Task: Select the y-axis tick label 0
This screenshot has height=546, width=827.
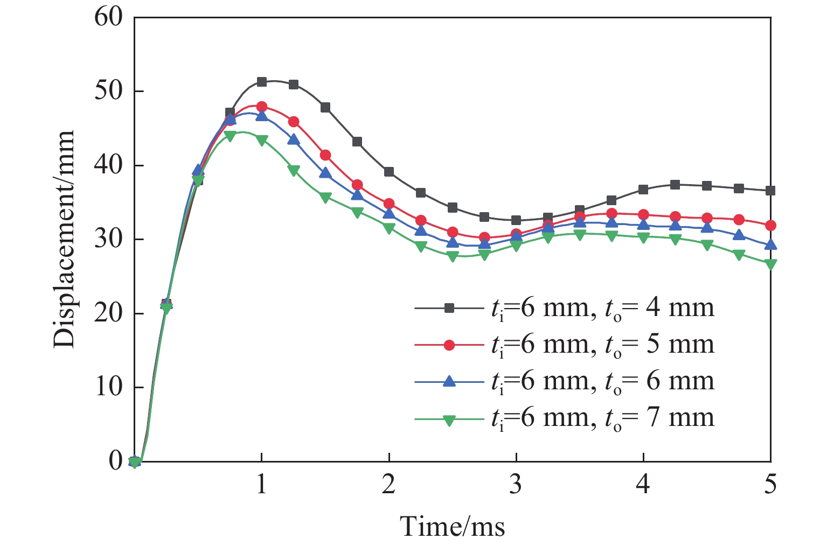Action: tap(116, 461)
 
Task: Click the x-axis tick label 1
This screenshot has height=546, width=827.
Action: tap(261, 485)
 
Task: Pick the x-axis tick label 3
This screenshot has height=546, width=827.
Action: tap(516, 485)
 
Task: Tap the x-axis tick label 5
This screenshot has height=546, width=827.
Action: tap(770, 485)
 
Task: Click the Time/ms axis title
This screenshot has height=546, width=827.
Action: tap(453, 526)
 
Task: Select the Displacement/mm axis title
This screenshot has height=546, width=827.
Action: tap(64, 239)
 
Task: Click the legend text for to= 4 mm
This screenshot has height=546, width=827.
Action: tap(602, 309)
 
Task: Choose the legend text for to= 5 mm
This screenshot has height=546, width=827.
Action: tap(602, 345)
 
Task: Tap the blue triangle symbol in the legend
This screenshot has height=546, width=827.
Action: tap(449, 381)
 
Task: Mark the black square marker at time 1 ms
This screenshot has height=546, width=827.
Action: tap(262, 82)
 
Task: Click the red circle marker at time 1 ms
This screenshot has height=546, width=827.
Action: tap(262, 107)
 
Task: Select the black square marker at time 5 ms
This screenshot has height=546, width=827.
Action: tap(770, 191)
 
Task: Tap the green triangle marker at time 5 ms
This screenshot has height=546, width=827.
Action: tap(770, 264)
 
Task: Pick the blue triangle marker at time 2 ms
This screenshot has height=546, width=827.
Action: tap(389, 214)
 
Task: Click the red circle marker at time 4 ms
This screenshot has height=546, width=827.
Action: tap(643, 215)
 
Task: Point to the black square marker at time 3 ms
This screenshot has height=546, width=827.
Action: tap(516, 220)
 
